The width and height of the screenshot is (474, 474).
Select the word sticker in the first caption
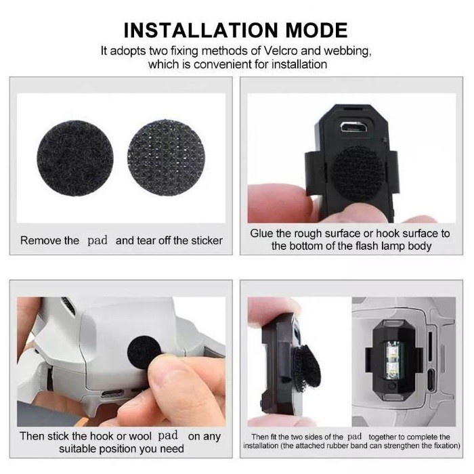pos(202,240)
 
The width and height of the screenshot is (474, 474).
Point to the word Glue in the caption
pos(263,234)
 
